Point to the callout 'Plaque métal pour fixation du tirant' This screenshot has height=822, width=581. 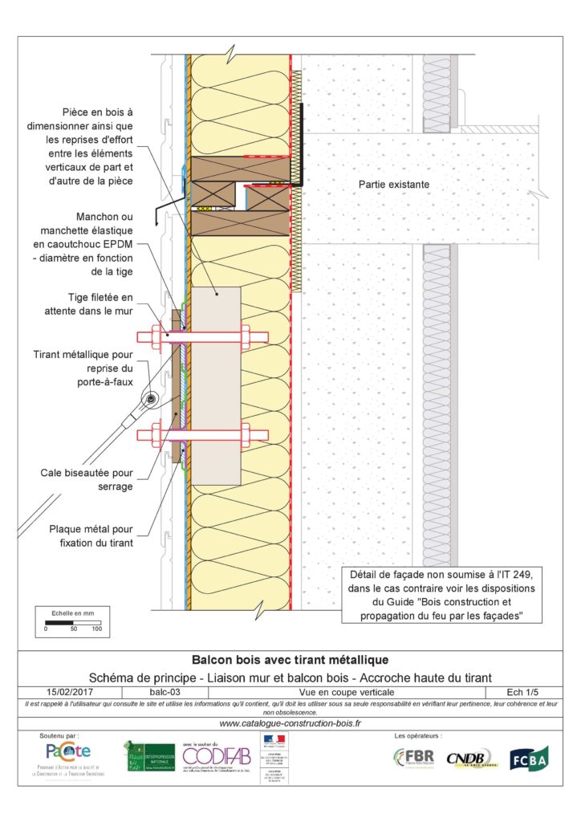pyautogui.click(x=98, y=535)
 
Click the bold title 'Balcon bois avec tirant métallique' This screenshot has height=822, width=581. pyautogui.click(x=290, y=661)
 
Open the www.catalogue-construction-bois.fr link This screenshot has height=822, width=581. pyautogui.click(x=290, y=723)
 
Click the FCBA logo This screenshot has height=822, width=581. pyautogui.click(x=529, y=758)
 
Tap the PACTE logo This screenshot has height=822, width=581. pyautogui.click(x=68, y=752)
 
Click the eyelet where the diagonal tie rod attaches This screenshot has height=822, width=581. pyautogui.click(x=149, y=399)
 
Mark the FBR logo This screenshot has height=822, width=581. pyautogui.click(x=414, y=758)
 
